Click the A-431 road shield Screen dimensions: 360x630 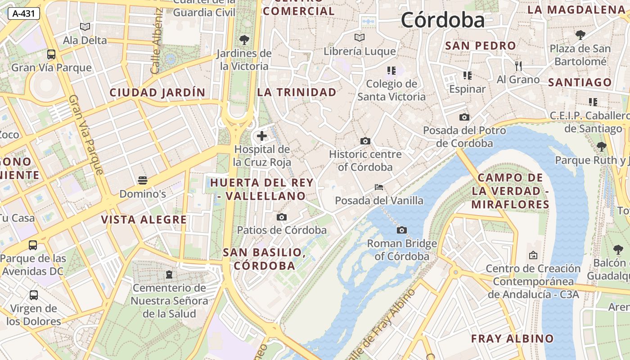point(23,13)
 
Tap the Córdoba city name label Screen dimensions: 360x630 point(443,20)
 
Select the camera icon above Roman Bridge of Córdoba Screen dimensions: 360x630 point(402,230)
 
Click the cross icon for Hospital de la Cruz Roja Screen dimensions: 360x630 point(262,135)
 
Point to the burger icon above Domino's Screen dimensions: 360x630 point(143,181)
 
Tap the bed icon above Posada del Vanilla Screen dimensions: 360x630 point(379,187)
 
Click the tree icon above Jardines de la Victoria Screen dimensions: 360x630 point(244,40)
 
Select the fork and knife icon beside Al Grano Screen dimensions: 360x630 point(518,66)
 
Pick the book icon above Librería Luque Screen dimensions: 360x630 point(359,37)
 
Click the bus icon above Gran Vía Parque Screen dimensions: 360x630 point(51,54)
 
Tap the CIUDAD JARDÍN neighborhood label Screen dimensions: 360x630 point(157,93)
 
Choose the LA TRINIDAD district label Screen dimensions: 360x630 point(297,92)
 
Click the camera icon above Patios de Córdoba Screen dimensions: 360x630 point(282,217)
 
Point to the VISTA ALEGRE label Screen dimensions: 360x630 point(144,220)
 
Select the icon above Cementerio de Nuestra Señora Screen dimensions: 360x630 point(169,274)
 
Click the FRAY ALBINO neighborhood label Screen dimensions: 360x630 point(512,338)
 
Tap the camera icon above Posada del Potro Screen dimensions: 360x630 point(464,117)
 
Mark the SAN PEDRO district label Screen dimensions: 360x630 point(480,46)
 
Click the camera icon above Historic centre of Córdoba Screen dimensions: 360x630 point(365,141)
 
